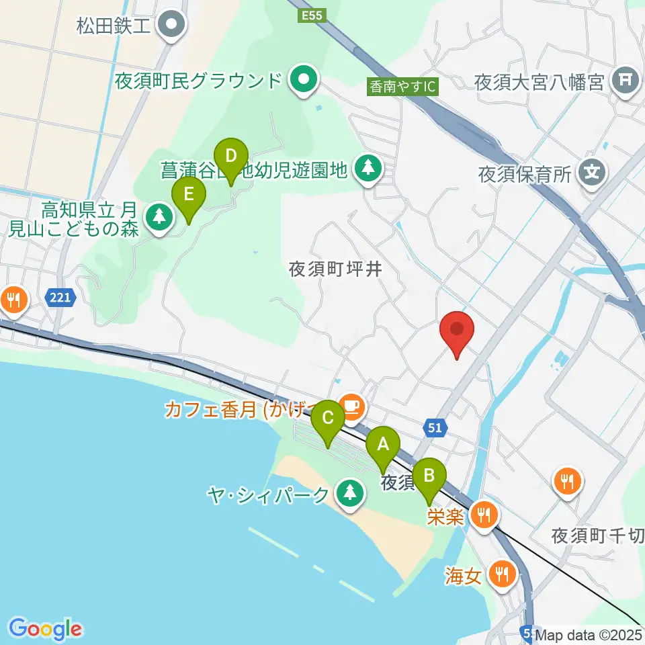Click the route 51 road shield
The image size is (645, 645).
(x=435, y=427)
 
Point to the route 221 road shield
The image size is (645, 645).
(x=60, y=296)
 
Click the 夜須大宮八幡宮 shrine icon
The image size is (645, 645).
(x=626, y=81)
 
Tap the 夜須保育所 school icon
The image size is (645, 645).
(x=592, y=173)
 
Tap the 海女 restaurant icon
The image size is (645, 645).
(x=501, y=573)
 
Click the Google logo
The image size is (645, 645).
(x=45, y=629)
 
